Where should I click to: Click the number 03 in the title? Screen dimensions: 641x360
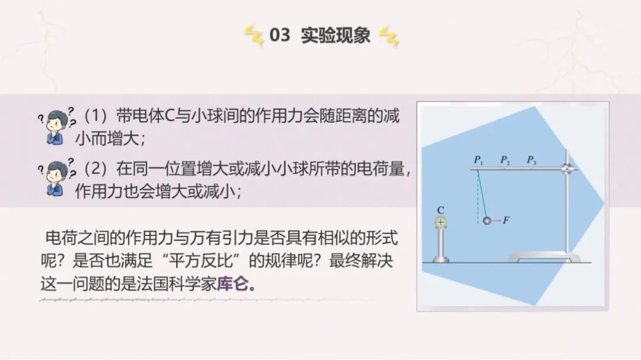coord(280,35)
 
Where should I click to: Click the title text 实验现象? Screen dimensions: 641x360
coord(335,35)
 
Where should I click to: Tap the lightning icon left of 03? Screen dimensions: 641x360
coord(254,36)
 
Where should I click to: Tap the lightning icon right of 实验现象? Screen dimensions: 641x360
coord(388,36)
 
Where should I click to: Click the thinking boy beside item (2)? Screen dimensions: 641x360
coord(56,177)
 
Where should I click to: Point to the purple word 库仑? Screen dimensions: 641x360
coord(232,283)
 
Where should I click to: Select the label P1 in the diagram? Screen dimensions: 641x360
coord(478,160)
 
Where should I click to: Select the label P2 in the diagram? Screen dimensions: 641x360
coord(505,160)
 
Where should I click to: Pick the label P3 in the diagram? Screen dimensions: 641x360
coord(531,160)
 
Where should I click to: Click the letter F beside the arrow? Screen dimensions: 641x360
coord(506,220)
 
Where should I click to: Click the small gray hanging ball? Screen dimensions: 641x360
coord(487,221)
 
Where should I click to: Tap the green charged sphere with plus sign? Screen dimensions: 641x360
coord(440,222)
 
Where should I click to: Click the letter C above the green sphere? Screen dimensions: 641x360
coord(440,210)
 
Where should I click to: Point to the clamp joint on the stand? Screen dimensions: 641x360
coord(567,168)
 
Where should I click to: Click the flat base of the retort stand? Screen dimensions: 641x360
coord(544,257)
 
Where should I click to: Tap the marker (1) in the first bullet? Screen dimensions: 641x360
coord(95,116)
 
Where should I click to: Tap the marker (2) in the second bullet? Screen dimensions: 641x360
coord(95,168)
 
